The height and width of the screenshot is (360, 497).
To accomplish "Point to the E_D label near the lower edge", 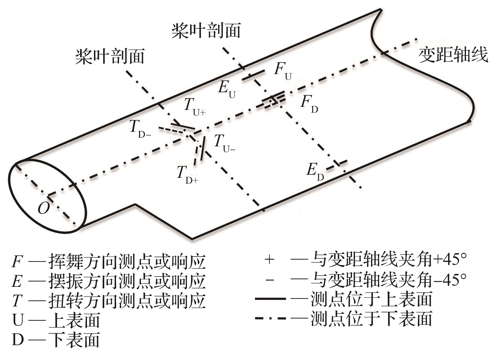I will pyautogui.click(x=315, y=172).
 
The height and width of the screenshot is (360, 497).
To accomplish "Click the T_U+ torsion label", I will pyautogui.click(x=195, y=107).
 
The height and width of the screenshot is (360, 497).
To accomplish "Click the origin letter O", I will pyautogui.click(x=43, y=208).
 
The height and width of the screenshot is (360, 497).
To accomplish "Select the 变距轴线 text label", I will pyautogui.click(x=453, y=55).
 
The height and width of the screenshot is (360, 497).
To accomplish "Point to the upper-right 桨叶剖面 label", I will pyautogui.click(x=206, y=31).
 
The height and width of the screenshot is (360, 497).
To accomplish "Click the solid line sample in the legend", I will pyautogui.click(x=270, y=299).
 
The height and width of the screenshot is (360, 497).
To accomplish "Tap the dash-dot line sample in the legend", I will pyautogui.click(x=270, y=318).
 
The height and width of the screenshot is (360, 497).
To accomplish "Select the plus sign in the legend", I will pyautogui.click(x=269, y=260).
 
